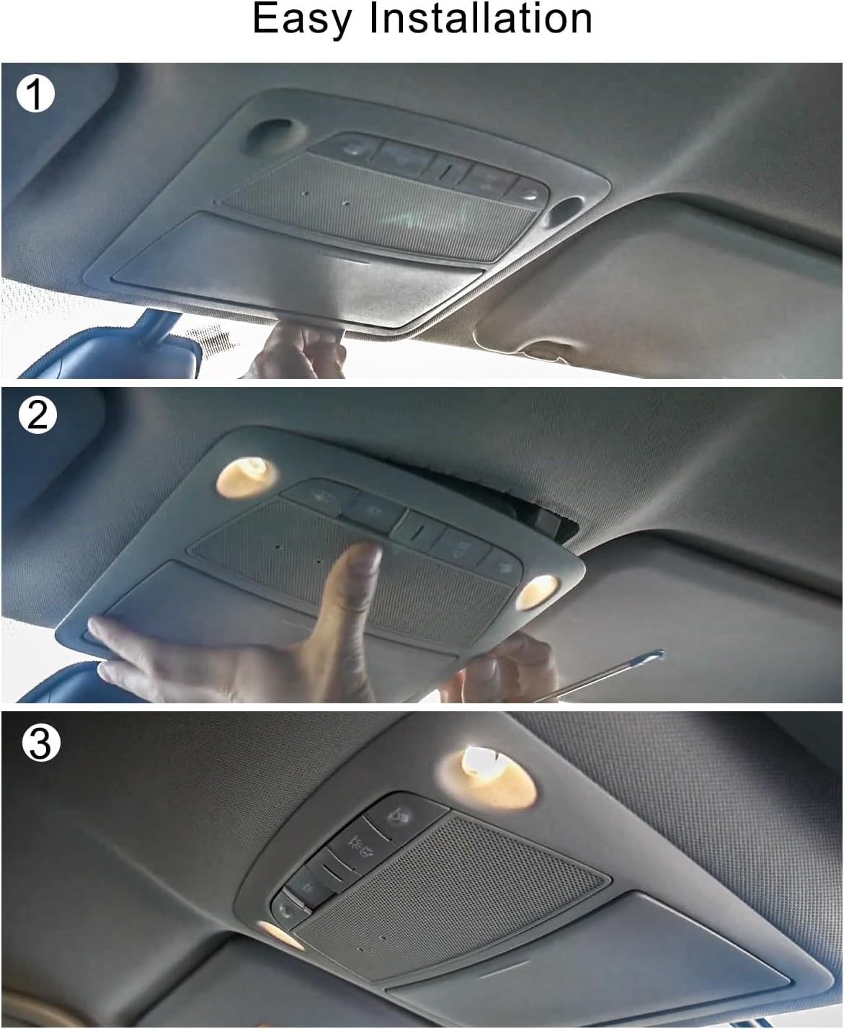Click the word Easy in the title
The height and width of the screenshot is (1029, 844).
click(x=302, y=19)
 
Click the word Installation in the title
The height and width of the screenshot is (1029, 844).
click(x=481, y=19)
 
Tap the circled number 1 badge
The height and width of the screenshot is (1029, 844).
click(x=35, y=94)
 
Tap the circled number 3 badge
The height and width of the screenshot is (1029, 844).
click(x=40, y=743)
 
